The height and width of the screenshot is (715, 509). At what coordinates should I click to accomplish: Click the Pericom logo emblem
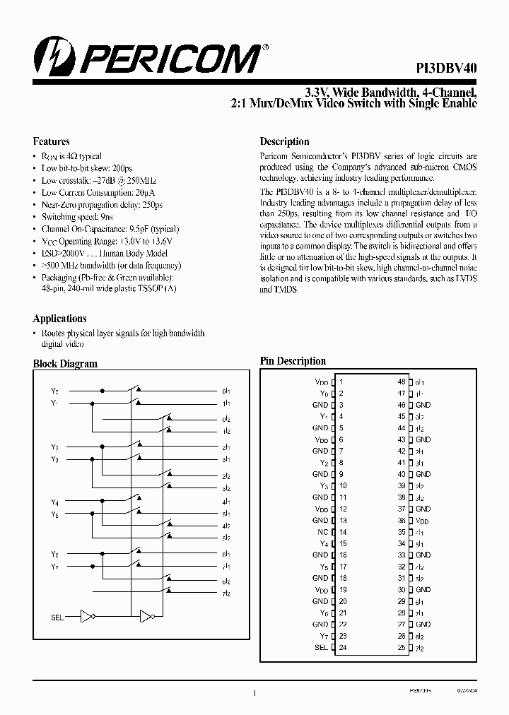click(x=50, y=57)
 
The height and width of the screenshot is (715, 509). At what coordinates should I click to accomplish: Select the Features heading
click(x=51, y=141)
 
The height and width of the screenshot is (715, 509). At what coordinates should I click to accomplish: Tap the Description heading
click(x=284, y=141)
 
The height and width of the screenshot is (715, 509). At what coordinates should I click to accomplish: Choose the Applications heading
click(x=59, y=319)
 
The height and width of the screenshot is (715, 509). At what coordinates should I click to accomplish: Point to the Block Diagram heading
click(x=65, y=364)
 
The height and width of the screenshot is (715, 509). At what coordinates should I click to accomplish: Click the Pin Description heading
click(x=293, y=361)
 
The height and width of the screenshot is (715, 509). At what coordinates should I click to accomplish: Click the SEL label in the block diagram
click(x=57, y=617)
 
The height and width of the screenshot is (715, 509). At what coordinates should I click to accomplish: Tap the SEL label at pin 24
click(x=321, y=647)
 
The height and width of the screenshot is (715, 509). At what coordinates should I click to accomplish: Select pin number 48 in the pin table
click(x=402, y=382)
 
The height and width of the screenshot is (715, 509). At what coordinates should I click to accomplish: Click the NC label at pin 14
click(x=323, y=532)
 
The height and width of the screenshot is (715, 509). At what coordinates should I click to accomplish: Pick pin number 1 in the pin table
click(x=341, y=382)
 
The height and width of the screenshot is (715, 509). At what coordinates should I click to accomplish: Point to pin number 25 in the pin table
click(x=402, y=647)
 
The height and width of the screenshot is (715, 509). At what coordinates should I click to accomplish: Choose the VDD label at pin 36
click(x=423, y=521)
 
